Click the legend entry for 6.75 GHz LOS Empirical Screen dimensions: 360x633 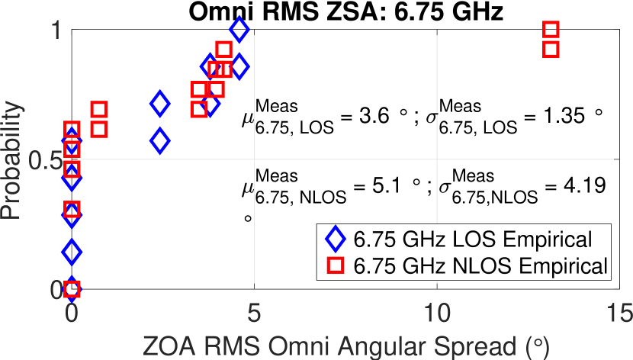click(x=473, y=240)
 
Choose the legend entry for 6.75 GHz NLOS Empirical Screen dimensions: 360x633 click(x=480, y=265)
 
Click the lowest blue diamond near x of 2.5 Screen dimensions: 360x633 click(x=160, y=141)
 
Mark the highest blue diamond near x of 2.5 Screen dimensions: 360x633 click(x=160, y=104)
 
